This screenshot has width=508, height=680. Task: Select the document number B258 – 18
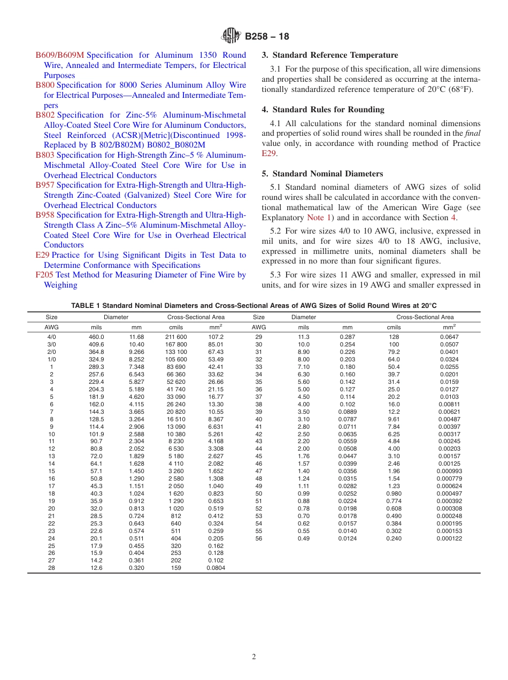[267, 37]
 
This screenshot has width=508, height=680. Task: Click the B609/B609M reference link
[60, 55]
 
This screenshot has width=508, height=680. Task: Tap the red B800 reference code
[45, 85]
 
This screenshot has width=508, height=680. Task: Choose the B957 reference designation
[45, 185]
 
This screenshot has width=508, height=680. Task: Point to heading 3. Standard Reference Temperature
[330, 55]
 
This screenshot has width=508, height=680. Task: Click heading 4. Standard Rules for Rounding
[323, 110]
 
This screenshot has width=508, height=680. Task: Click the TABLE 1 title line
[254, 305]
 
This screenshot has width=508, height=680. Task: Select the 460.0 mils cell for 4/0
[96, 337]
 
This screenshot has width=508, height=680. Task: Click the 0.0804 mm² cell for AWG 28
[216, 568]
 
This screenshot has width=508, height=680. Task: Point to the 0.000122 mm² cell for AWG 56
[449, 538]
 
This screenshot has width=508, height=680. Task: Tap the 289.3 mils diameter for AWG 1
[96, 367]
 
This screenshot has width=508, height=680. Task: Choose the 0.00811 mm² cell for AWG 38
[449, 404]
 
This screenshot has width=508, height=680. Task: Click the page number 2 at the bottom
[254, 657]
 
